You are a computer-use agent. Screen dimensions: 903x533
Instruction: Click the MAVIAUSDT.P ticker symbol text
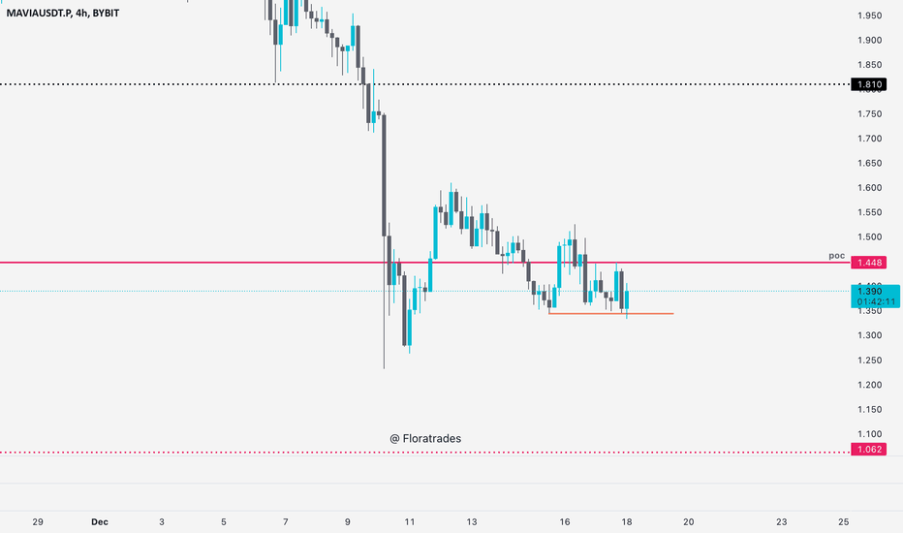pyautogui.click(x=40, y=13)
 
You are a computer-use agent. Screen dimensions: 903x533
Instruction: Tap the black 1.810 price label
pyautogui.click(x=869, y=84)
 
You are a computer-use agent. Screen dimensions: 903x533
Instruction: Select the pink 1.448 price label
pyautogui.click(x=869, y=263)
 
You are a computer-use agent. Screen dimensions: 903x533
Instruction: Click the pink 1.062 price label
pyautogui.click(x=869, y=450)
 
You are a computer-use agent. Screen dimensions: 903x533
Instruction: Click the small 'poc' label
pyautogui.click(x=837, y=256)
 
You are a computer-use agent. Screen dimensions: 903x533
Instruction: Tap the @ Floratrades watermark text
pyautogui.click(x=425, y=438)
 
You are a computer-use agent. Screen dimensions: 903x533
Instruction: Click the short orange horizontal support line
pyautogui.click(x=611, y=313)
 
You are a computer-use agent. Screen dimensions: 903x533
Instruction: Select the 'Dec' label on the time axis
pyautogui.click(x=100, y=522)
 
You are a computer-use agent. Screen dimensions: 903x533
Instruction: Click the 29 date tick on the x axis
pyautogui.click(x=38, y=522)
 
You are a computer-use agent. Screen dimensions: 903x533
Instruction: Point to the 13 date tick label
pyautogui.click(x=472, y=522)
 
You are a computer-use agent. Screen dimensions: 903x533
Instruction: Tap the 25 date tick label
pyautogui.click(x=844, y=522)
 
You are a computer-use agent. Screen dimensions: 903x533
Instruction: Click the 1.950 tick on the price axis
pyautogui.click(x=870, y=16)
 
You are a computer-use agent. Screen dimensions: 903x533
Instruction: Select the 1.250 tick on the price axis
pyautogui.click(x=870, y=361)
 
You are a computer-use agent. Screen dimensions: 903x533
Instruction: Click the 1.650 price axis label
pyautogui.click(x=870, y=163)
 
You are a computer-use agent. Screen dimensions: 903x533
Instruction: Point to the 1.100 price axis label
pyautogui.click(x=870, y=434)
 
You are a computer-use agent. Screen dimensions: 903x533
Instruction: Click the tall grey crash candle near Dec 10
pyautogui.click(x=384, y=175)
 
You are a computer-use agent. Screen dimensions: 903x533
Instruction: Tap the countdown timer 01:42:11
pyautogui.click(x=876, y=302)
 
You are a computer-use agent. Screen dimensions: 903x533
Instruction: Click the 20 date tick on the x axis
pyautogui.click(x=689, y=522)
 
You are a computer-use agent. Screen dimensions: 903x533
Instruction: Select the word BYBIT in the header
pyautogui.click(x=106, y=13)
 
